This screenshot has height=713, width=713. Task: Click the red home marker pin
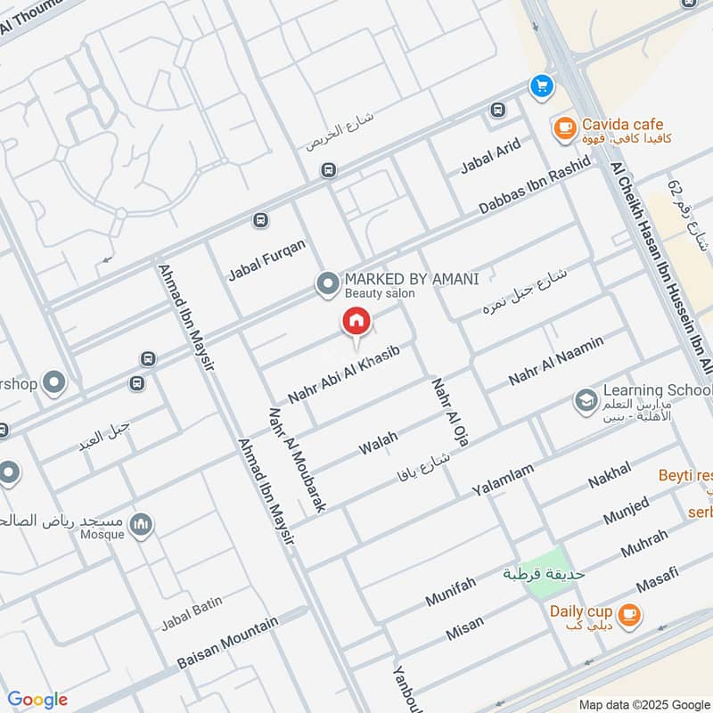[356, 322]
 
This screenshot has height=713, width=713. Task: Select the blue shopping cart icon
[540, 86]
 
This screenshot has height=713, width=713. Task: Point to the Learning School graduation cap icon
[586, 399]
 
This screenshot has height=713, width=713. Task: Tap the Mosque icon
[141, 527]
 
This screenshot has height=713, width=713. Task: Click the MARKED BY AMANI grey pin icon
[328, 284]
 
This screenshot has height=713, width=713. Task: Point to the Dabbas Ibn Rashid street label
[535, 185]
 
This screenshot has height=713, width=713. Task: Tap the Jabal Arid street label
[490, 157]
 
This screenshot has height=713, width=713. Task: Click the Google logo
[37, 700]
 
